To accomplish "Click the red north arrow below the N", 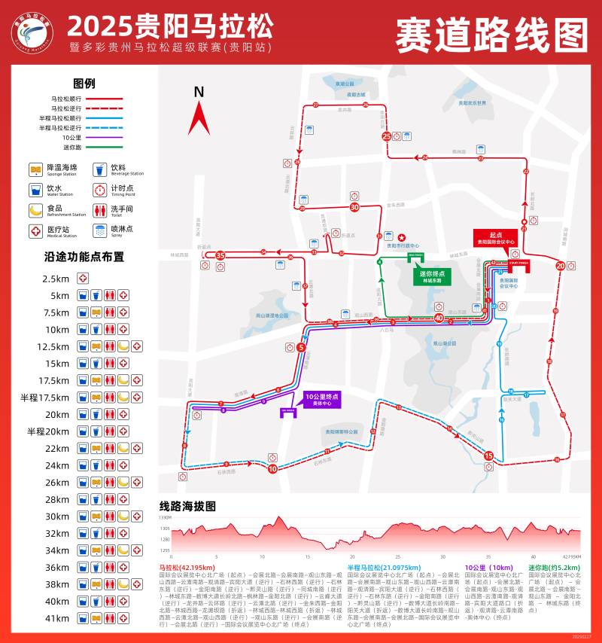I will pos(199,118).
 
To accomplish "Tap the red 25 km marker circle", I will pos(387,136).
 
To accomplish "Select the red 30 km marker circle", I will pos(354,207).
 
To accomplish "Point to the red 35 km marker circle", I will pos(220,256).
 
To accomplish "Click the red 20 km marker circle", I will pos(560,265).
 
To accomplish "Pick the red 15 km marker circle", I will pos(488,456).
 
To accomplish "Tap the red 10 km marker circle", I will pos(272,468).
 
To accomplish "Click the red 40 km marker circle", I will pos(439,318).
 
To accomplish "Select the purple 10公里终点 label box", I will pos(322,399).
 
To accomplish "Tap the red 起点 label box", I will pos(495,238).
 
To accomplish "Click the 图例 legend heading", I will pos(84,84).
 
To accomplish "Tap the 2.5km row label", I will pos(56,279).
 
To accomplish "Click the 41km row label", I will pos(57,618).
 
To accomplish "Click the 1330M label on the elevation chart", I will pos(165,518).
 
